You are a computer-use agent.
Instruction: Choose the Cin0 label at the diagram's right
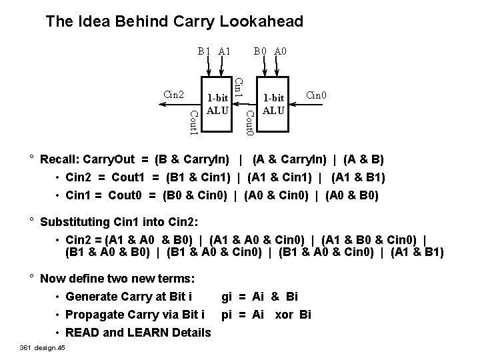tap(315, 95)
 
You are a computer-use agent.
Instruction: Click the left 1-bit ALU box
tap(217, 104)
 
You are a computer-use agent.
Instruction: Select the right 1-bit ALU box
tap(274, 104)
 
